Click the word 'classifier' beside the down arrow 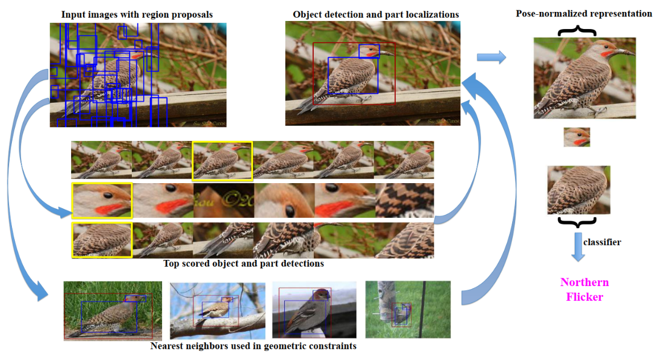(603, 242)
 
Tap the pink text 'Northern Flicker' (584, 289)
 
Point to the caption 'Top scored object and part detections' (243, 264)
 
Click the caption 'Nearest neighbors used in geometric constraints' (253, 346)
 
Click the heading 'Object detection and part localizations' (376, 14)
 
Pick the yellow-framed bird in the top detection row (222, 162)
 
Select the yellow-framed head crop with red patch (102, 200)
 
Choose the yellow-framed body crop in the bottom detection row (102, 240)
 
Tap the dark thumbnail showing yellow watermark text (223, 200)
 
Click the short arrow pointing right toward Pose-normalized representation (491, 56)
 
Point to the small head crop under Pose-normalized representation (576, 137)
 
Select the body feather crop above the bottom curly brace (578, 190)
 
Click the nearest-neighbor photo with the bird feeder (407, 309)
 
